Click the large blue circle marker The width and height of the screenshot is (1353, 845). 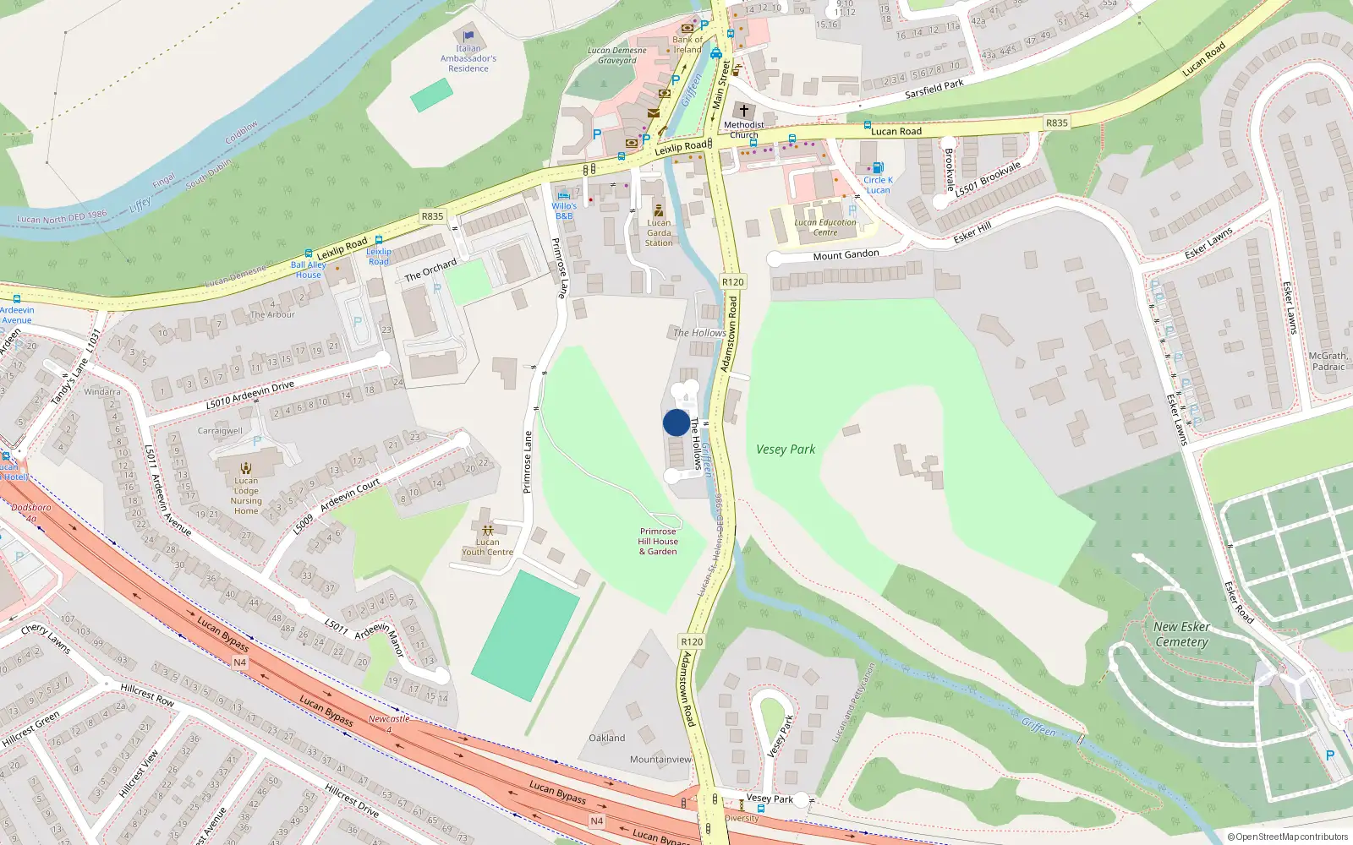pos(676,422)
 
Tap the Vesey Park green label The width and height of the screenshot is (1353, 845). pos(786,450)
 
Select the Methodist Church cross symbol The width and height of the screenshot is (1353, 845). pos(744,111)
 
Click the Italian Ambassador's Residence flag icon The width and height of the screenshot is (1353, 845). pos(468,36)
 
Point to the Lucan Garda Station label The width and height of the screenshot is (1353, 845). pos(659,232)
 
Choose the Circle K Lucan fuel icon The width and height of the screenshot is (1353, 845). pos(878,167)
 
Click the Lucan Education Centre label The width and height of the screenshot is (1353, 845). pos(825,227)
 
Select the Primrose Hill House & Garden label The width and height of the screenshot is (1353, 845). pos(658,542)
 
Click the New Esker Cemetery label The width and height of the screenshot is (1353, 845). pos(1181,634)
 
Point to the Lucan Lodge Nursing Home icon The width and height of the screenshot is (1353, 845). pos(246,467)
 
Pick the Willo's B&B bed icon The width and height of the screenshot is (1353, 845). pos(564,195)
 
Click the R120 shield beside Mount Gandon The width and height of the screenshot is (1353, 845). pos(733,282)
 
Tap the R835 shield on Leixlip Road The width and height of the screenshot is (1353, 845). pos(432,216)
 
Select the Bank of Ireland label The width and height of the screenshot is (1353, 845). pos(687,45)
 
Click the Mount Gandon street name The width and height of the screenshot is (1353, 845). pos(846,254)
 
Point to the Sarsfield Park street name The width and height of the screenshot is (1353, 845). pos(934,89)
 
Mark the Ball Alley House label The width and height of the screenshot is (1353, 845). pos(308,270)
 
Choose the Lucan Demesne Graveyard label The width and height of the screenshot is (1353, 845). pos(617,56)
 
